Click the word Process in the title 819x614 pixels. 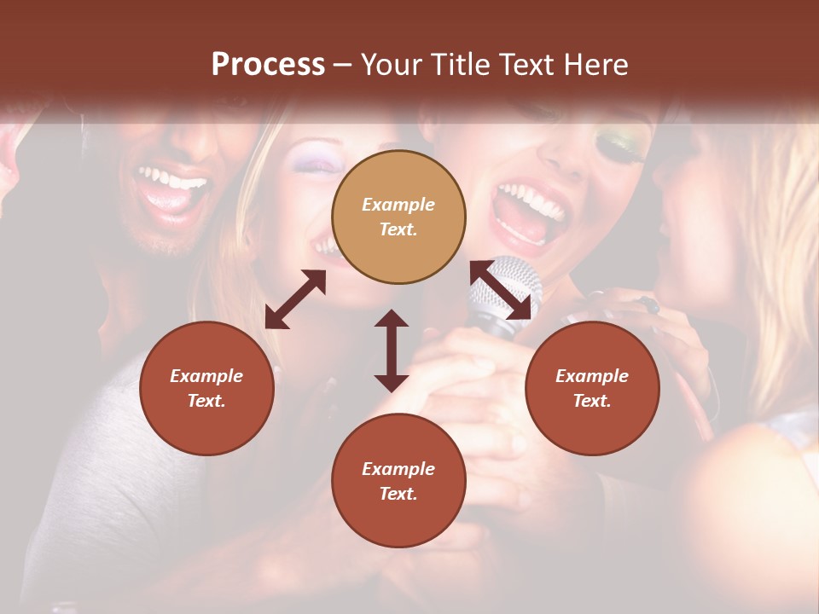click(x=268, y=65)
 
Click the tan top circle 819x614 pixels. click(x=398, y=217)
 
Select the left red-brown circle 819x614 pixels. click(x=206, y=388)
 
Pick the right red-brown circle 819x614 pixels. click(x=592, y=388)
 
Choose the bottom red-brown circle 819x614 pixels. click(x=398, y=481)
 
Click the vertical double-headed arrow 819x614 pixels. click(x=392, y=350)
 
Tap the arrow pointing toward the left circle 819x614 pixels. click(x=295, y=299)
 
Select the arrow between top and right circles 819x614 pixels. click(x=501, y=290)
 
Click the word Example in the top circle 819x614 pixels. click(x=398, y=205)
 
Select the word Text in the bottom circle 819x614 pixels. click(x=398, y=494)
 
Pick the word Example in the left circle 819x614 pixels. click(x=206, y=376)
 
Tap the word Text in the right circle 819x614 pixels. click(x=592, y=401)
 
